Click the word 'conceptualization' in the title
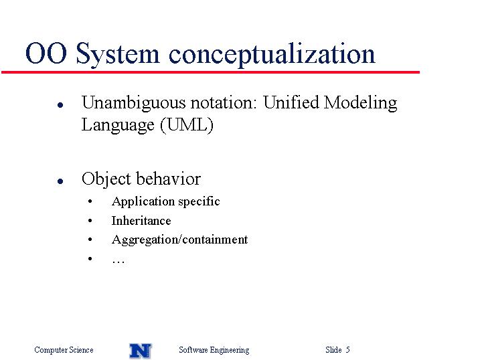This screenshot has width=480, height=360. click(x=272, y=55)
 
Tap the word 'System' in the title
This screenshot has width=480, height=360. click(x=118, y=54)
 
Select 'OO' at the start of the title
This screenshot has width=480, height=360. click(x=46, y=54)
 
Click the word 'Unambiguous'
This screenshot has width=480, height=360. click(x=133, y=103)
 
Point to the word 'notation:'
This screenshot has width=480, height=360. click(x=224, y=102)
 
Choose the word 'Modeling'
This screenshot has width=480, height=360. click(x=360, y=103)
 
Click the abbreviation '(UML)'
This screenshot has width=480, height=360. click(x=186, y=124)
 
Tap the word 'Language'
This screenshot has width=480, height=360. click(x=118, y=126)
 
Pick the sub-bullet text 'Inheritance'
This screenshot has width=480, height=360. click(x=141, y=221)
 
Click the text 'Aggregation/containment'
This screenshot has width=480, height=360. click(x=179, y=240)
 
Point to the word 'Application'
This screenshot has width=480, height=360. click(x=143, y=202)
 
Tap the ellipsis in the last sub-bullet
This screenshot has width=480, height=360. click(x=118, y=262)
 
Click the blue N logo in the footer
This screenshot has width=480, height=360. click(x=141, y=351)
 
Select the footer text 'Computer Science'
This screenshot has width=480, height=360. click(x=64, y=350)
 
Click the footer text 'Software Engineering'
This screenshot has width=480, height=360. click(x=214, y=350)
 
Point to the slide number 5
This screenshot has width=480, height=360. click(x=347, y=349)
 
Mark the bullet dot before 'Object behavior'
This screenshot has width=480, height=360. click(x=60, y=181)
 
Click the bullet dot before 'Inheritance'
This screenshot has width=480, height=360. click(x=90, y=221)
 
